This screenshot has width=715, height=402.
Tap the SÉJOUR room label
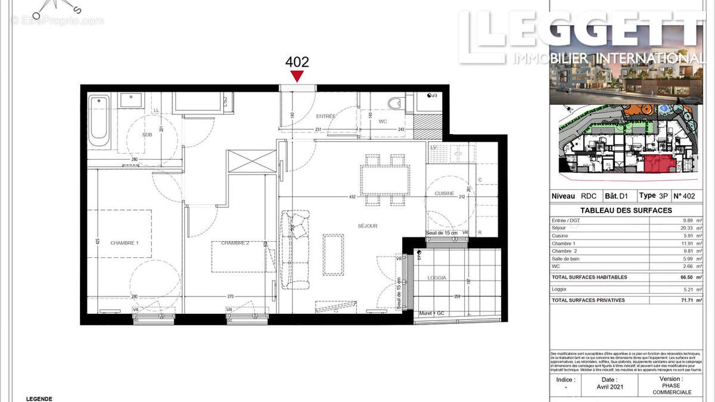[368, 226]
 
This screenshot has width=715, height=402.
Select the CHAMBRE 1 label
[125, 242]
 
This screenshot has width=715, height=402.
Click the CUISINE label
[444, 194]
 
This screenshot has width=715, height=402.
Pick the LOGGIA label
[437, 278]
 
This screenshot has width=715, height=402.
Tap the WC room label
[383, 121]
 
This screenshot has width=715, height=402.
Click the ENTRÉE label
[326, 116]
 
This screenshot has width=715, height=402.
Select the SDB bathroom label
[147, 135]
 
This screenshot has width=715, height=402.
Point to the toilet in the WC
[395, 104]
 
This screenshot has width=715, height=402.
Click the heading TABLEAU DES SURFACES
[626, 210]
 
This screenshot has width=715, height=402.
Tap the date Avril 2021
[608, 385]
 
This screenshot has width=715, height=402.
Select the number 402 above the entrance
[297, 61]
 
